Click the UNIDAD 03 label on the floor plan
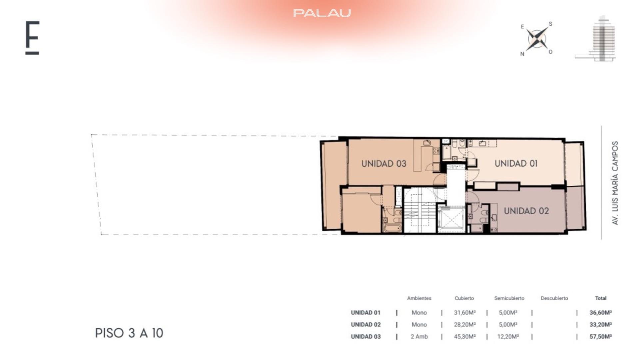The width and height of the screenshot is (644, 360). pyautogui.click(x=384, y=164)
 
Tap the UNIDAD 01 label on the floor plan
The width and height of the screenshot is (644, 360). pyautogui.click(x=516, y=163)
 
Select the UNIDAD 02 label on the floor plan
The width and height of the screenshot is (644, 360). pyautogui.click(x=526, y=211)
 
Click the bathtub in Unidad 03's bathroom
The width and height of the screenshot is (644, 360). pyautogui.click(x=392, y=228)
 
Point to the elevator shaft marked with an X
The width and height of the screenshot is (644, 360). pyautogui.click(x=451, y=219)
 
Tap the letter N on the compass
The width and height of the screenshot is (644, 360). pyautogui.click(x=522, y=54)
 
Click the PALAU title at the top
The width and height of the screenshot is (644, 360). pyautogui.click(x=322, y=13)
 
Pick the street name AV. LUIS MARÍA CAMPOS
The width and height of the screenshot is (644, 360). pyautogui.click(x=615, y=183)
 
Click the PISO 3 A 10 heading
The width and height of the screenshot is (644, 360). pyautogui.click(x=129, y=333)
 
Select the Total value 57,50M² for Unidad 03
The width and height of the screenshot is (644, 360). pyautogui.click(x=600, y=337)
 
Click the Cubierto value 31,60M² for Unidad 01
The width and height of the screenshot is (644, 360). pyautogui.click(x=464, y=313)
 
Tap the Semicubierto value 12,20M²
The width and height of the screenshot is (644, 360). pyautogui.click(x=508, y=337)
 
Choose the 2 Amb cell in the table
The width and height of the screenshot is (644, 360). pyautogui.click(x=419, y=337)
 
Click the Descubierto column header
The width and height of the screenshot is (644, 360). pyautogui.click(x=554, y=298)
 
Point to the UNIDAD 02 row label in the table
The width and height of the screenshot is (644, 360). pyautogui.click(x=365, y=325)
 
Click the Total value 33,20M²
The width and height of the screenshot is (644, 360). pyautogui.click(x=600, y=325)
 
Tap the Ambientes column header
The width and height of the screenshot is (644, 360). pyautogui.click(x=419, y=298)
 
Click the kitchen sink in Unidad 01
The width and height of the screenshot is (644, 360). pyautogui.click(x=482, y=143)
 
